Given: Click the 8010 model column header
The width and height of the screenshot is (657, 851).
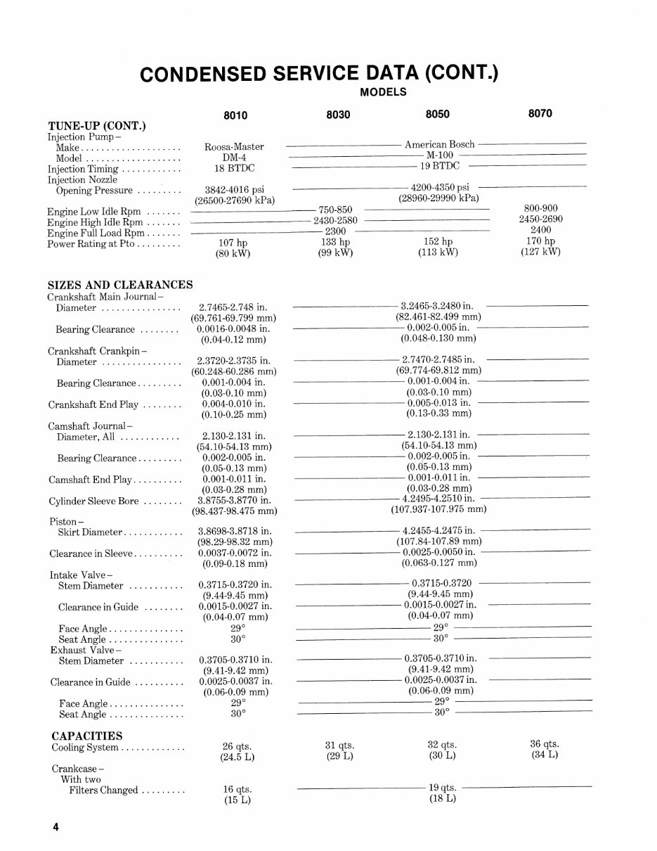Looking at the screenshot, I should tap(234, 115).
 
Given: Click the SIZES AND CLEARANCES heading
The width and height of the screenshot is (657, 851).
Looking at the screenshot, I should tap(119, 285).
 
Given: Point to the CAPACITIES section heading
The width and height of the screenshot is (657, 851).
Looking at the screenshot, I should tap(87, 736).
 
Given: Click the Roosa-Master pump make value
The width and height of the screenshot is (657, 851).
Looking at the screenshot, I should tap(234, 147).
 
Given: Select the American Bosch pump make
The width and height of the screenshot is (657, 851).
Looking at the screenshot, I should tap(439, 144).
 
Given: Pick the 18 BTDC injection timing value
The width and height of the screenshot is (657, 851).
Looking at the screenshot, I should tap(234, 169).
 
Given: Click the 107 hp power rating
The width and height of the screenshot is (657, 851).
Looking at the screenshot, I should tap(234, 243).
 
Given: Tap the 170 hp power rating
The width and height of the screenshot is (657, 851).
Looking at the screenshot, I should tap(540, 241).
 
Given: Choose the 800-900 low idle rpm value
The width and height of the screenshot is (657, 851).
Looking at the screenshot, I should tap(540, 209).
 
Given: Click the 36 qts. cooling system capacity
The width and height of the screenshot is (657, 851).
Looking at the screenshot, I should tap(544, 744).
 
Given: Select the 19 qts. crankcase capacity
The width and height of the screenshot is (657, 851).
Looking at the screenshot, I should tap(442, 788).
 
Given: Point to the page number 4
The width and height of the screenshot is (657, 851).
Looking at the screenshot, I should tap(55, 827).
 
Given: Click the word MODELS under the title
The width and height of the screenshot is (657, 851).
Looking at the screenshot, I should tap(383, 91).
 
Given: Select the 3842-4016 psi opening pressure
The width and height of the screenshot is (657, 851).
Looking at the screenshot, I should tap(234, 191).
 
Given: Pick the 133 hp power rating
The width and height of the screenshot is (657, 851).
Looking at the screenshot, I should tap(334, 242).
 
